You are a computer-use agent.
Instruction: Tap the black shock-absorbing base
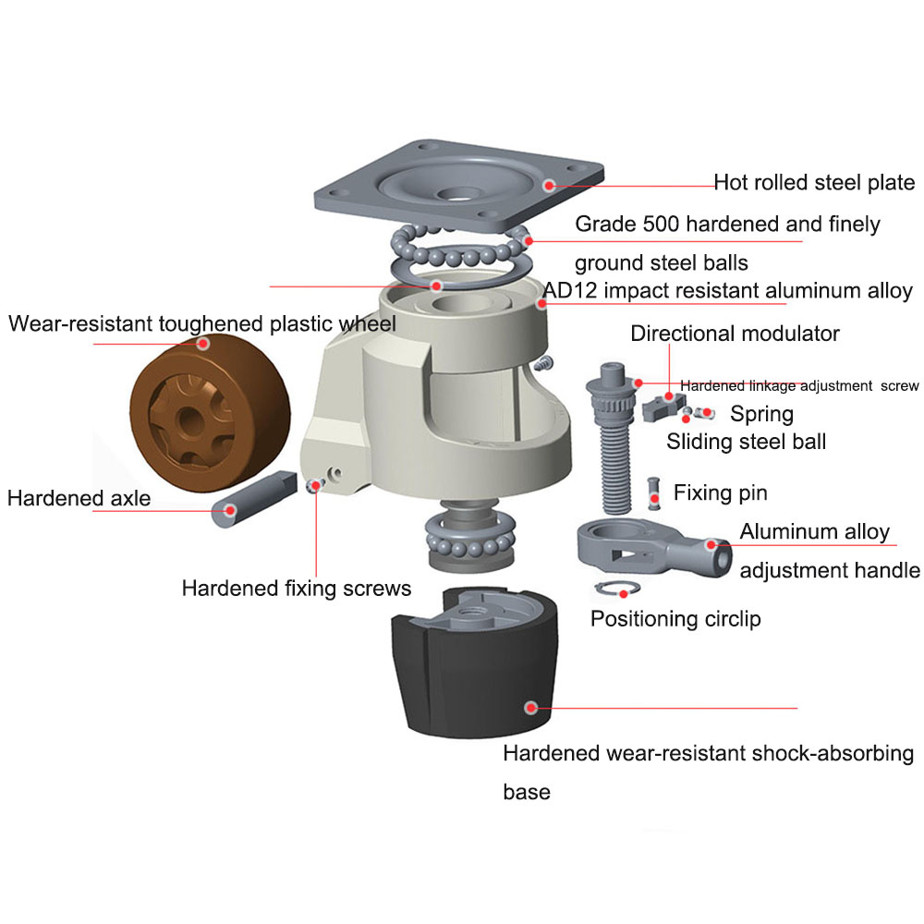[475, 663]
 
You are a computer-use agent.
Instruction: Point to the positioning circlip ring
[617, 588]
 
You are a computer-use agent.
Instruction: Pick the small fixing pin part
[653, 493]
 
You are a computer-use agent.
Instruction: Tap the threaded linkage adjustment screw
[614, 438]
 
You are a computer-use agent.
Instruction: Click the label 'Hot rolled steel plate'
[814, 183]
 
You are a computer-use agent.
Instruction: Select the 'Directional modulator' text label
[735, 334]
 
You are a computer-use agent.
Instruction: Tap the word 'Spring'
[761, 414]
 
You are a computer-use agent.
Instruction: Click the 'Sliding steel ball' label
[746, 442]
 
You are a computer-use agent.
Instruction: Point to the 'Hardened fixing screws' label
[297, 588]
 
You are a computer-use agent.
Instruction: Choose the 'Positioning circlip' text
[675, 619]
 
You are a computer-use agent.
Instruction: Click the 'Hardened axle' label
[79, 498]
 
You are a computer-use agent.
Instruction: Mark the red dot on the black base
[531, 708]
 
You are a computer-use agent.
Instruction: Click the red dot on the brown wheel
[203, 343]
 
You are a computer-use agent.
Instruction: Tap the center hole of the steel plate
[458, 193]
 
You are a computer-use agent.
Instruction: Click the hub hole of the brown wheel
[190, 420]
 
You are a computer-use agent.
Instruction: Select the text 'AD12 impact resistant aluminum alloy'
[727, 290]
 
